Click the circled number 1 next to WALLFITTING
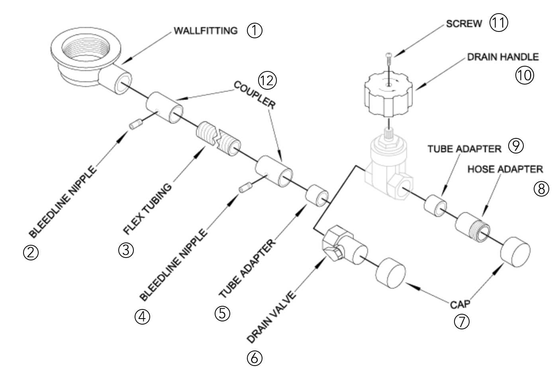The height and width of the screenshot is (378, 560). click(x=255, y=31)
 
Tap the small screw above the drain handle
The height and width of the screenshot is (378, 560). click(x=389, y=59)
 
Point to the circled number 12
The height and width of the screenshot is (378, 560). click(x=267, y=81)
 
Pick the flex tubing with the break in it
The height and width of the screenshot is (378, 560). click(x=219, y=139)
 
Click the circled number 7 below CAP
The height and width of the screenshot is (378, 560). click(x=462, y=321)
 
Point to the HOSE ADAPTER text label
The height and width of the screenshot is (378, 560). click(x=505, y=169)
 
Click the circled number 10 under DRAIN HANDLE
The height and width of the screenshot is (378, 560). click(x=524, y=75)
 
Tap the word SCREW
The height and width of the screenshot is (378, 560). click(x=464, y=24)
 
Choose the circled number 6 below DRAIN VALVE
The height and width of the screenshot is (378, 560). click(x=255, y=358)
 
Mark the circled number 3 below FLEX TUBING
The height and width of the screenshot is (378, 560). click(x=126, y=250)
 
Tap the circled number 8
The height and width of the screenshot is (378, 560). click(x=541, y=189)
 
